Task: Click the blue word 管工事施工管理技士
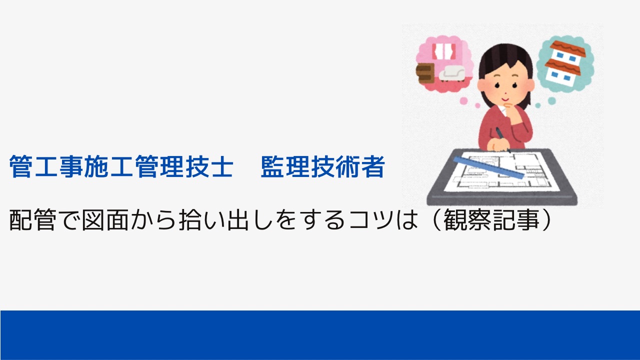click(x=121, y=166)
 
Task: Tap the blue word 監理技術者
click(x=323, y=166)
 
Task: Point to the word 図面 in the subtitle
click(x=105, y=220)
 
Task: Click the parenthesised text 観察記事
click(x=491, y=220)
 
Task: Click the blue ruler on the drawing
click(x=488, y=167)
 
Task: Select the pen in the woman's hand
click(x=503, y=140)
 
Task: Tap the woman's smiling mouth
click(x=505, y=99)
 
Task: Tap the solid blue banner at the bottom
click(x=320, y=335)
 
